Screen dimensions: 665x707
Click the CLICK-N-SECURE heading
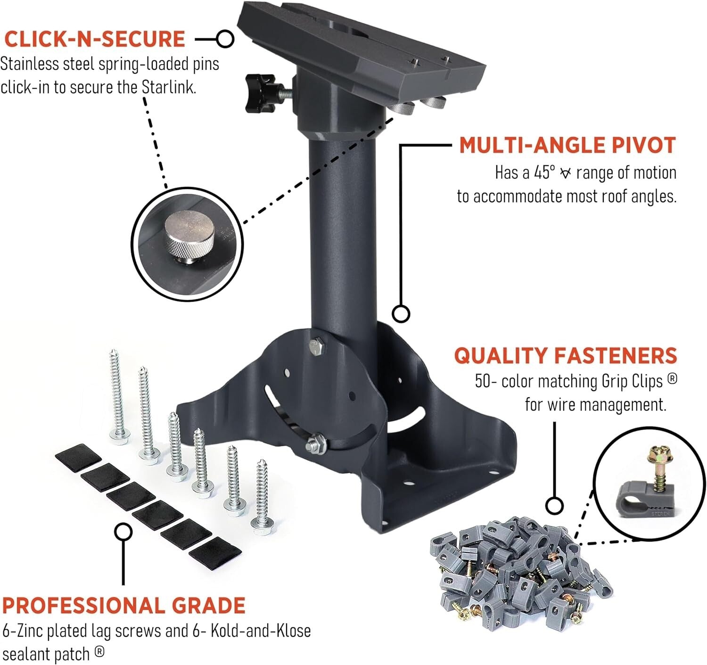(94, 39)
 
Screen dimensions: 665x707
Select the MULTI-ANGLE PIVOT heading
(567, 145)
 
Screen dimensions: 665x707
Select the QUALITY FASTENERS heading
(565, 356)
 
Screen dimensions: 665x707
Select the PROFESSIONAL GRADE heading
(123, 606)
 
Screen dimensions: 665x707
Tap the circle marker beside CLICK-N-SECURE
(225, 39)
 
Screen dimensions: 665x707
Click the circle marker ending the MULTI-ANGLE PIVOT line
(401, 313)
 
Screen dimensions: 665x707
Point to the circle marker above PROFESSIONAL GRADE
(123, 531)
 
